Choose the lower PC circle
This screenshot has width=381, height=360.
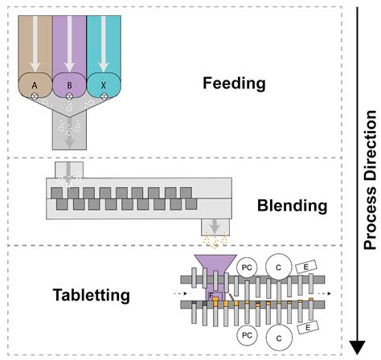point(244,332)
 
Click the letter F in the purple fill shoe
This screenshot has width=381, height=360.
point(211,297)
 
